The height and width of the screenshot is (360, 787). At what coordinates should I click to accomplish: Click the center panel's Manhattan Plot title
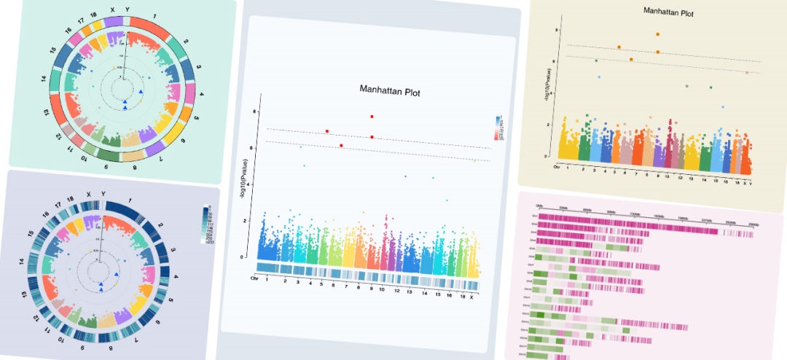[x=389, y=91]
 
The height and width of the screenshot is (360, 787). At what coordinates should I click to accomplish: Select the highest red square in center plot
[x=372, y=117]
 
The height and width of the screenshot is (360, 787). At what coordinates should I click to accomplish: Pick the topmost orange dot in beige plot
[x=658, y=34]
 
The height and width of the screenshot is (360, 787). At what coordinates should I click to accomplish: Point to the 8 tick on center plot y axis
[x=255, y=111]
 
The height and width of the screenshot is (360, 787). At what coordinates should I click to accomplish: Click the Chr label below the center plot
[x=254, y=278]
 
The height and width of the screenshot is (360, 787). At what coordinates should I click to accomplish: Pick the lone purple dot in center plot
[x=405, y=176]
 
